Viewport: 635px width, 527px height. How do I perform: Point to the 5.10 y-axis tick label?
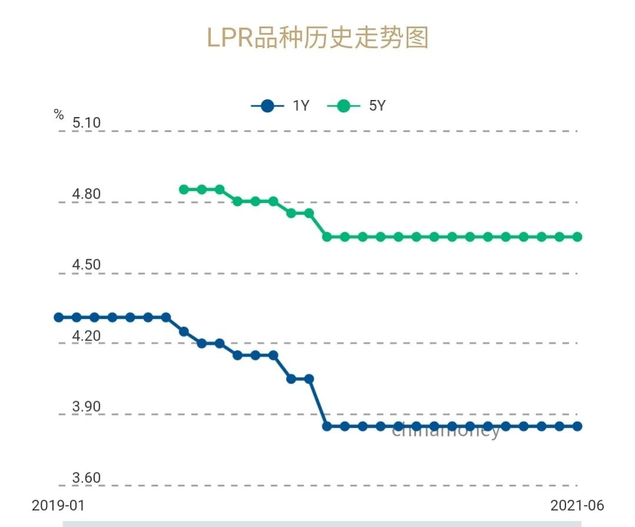(x=87, y=123)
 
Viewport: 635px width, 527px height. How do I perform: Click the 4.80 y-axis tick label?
(x=87, y=194)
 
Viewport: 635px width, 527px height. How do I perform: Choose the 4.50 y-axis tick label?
(x=87, y=265)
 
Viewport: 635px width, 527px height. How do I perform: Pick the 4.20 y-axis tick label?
(x=87, y=336)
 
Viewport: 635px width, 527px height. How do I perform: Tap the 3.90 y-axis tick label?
(x=87, y=406)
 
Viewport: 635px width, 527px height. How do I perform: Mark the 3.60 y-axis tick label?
(x=87, y=478)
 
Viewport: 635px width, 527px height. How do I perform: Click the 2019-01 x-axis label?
(x=58, y=505)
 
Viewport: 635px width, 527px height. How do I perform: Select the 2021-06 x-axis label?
(x=577, y=505)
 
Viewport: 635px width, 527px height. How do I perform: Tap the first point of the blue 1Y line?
(x=58, y=317)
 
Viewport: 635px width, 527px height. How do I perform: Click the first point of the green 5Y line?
(x=184, y=189)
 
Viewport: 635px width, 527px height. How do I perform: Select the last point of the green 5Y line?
(x=577, y=236)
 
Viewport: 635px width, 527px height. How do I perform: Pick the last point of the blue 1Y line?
(x=577, y=426)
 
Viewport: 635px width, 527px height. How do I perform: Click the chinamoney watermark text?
(x=446, y=431)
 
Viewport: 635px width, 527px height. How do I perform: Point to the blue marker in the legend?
(x=268, y=106)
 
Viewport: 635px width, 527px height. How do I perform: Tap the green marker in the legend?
(x=344, y=106)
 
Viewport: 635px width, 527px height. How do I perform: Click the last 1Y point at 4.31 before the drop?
(x=166, y=317)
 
